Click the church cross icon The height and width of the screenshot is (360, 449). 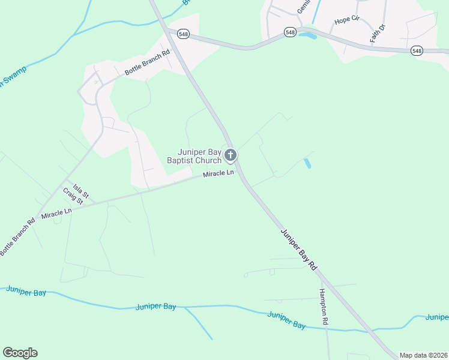[x=230, y=156]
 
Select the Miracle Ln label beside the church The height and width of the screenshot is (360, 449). [x=218, y=173]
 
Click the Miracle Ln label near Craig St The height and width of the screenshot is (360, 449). [x=56, y=212]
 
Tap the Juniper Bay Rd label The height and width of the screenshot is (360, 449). [x=298, y=248]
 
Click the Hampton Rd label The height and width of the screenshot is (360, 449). [x=324, y=307]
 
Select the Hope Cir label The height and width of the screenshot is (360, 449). [x=346, y=20]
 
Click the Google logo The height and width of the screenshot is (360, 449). [x=20, y=353]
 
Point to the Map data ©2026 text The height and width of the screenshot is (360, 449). [x=423, y=355]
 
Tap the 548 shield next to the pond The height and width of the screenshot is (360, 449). [x=291, y=32]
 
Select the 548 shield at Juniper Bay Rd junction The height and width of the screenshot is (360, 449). [x=183, y=34]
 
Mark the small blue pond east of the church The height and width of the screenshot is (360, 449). [x=308, y=163]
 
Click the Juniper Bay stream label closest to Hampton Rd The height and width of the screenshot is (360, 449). [x=286, y=320]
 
